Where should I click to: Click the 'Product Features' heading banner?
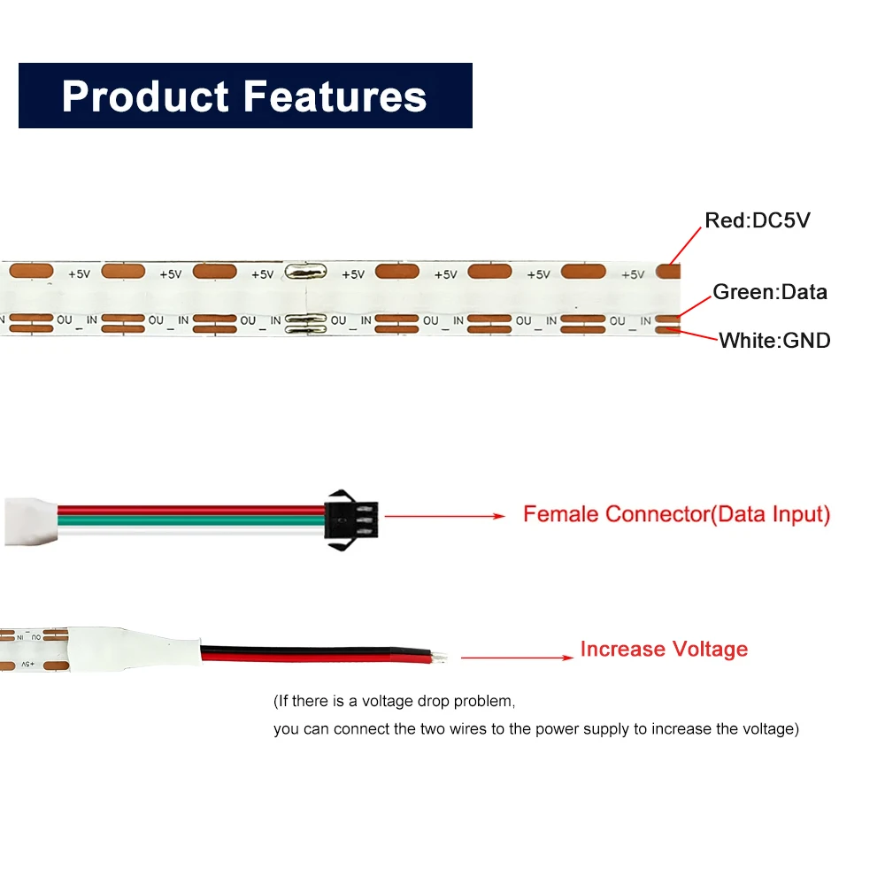(245, 96)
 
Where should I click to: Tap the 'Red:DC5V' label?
(757, 220)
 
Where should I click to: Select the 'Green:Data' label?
(770, 292)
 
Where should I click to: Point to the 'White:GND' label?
(774, 341)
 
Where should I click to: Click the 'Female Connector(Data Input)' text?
(677, 514)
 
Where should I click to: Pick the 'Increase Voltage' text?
(664, 649)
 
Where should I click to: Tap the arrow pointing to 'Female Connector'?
(445, 516)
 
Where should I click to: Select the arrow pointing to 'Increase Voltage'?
(517, 658)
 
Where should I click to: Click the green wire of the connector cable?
(191, 520)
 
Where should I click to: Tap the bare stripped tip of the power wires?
(440, 657)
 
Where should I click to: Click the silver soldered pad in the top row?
(305, 272)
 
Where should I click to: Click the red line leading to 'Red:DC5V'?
(685, 246)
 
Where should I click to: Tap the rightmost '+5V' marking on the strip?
(633, 274)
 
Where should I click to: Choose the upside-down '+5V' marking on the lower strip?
(28, 665)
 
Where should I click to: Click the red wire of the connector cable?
(191, 510)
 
